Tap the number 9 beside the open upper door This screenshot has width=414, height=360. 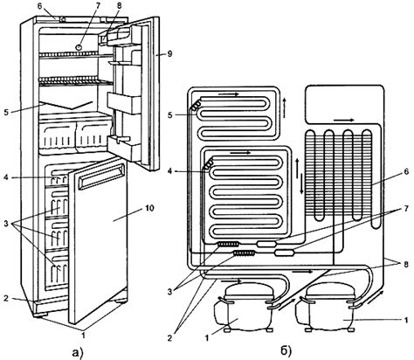tap(170, 54)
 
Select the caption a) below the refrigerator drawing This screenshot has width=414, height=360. tap(78, 352)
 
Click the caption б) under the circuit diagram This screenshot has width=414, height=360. tap(286, 352)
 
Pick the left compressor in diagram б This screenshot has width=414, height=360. tap(244, 308)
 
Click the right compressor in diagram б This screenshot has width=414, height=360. tap(326, 308)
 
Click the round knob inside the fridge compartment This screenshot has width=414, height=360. tap(79, 47)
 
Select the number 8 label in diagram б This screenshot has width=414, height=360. tap(405, 264)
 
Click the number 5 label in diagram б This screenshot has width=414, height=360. tap(170, 115)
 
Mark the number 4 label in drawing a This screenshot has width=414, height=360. tap(6, 177)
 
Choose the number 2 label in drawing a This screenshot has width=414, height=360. tap(6, 298)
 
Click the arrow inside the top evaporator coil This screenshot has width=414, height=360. tap(229, 93)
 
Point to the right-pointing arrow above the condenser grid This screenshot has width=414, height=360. tap(344, 120)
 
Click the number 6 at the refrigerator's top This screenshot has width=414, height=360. tap(40, 6)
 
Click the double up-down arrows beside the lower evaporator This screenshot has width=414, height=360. tap(299, 177)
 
